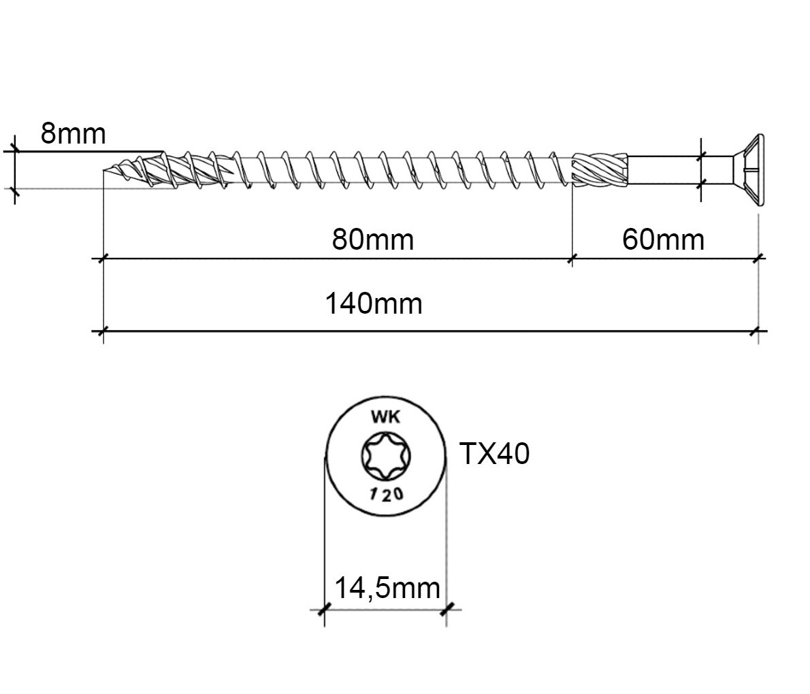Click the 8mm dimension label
click(x=73, y=133)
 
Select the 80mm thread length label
click(x=372, y=239)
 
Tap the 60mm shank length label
click(x=663, y=239)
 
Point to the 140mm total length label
click(x=372, y=303)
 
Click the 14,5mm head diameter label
click(x=387, y=587)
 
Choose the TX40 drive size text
click(x=494, y=453)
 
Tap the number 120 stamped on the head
click(x=386, y=495)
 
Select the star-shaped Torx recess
click(x=385, y=455)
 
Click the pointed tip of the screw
click(x=106, y=170)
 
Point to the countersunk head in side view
click(x=748, y=170)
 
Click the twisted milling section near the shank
click(x=599, y=169)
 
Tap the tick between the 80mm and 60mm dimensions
click(x=572, y=259)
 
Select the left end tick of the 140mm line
click(x=103, y=331)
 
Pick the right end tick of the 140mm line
click(x=758, y=331)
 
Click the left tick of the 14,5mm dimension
click(x=324, y=609)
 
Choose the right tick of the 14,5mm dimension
click(x=446, y=609)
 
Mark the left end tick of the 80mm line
click(x=103, y=259)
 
